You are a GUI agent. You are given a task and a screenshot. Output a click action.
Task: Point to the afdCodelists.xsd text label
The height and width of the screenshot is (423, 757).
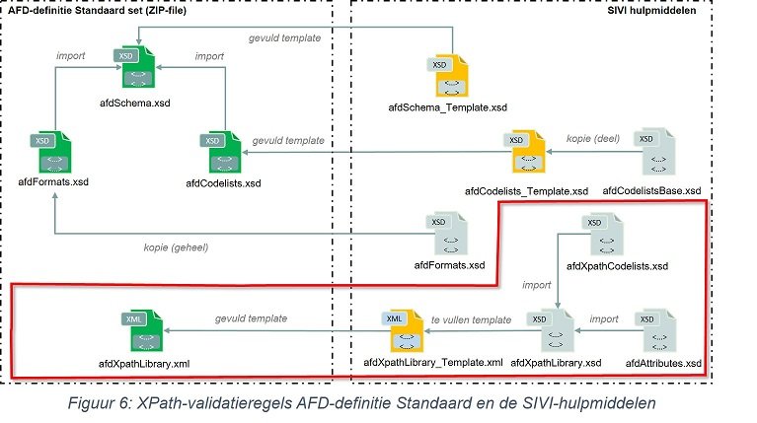pyautogui.click(x=224, y=183)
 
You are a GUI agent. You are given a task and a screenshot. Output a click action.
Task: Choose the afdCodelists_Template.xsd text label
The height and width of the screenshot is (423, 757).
pyautogui.click(x=526, y=190)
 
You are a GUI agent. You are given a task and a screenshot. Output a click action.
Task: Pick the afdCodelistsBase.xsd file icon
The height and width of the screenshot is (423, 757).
pyautogui.click(x=652, y=150)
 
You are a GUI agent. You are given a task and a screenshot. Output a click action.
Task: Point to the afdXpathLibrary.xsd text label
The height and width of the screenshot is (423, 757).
pyautogui.click(x=565, y=363)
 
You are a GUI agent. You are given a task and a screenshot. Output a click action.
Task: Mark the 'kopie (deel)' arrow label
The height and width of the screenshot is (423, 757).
pyautogui.click(x=592, y=138)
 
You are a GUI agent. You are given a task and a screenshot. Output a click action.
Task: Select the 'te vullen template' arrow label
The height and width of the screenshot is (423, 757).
pyautogui.click(x=472, y=320)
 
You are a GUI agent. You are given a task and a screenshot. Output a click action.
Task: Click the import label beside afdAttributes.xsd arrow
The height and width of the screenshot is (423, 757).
pyautogui.click(x=604, y=319)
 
